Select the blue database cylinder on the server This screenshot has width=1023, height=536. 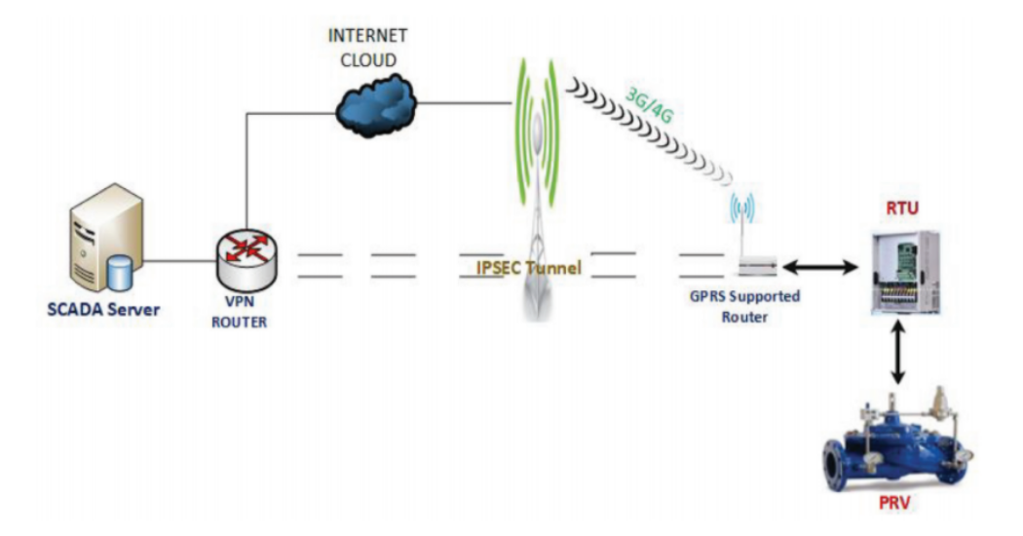click(x=120, y=274)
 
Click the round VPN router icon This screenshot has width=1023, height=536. click(x=245, y=252)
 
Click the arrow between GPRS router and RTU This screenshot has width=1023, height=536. click(x=817, y=264)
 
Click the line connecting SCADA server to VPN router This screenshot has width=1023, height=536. click(x=181, y=260)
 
